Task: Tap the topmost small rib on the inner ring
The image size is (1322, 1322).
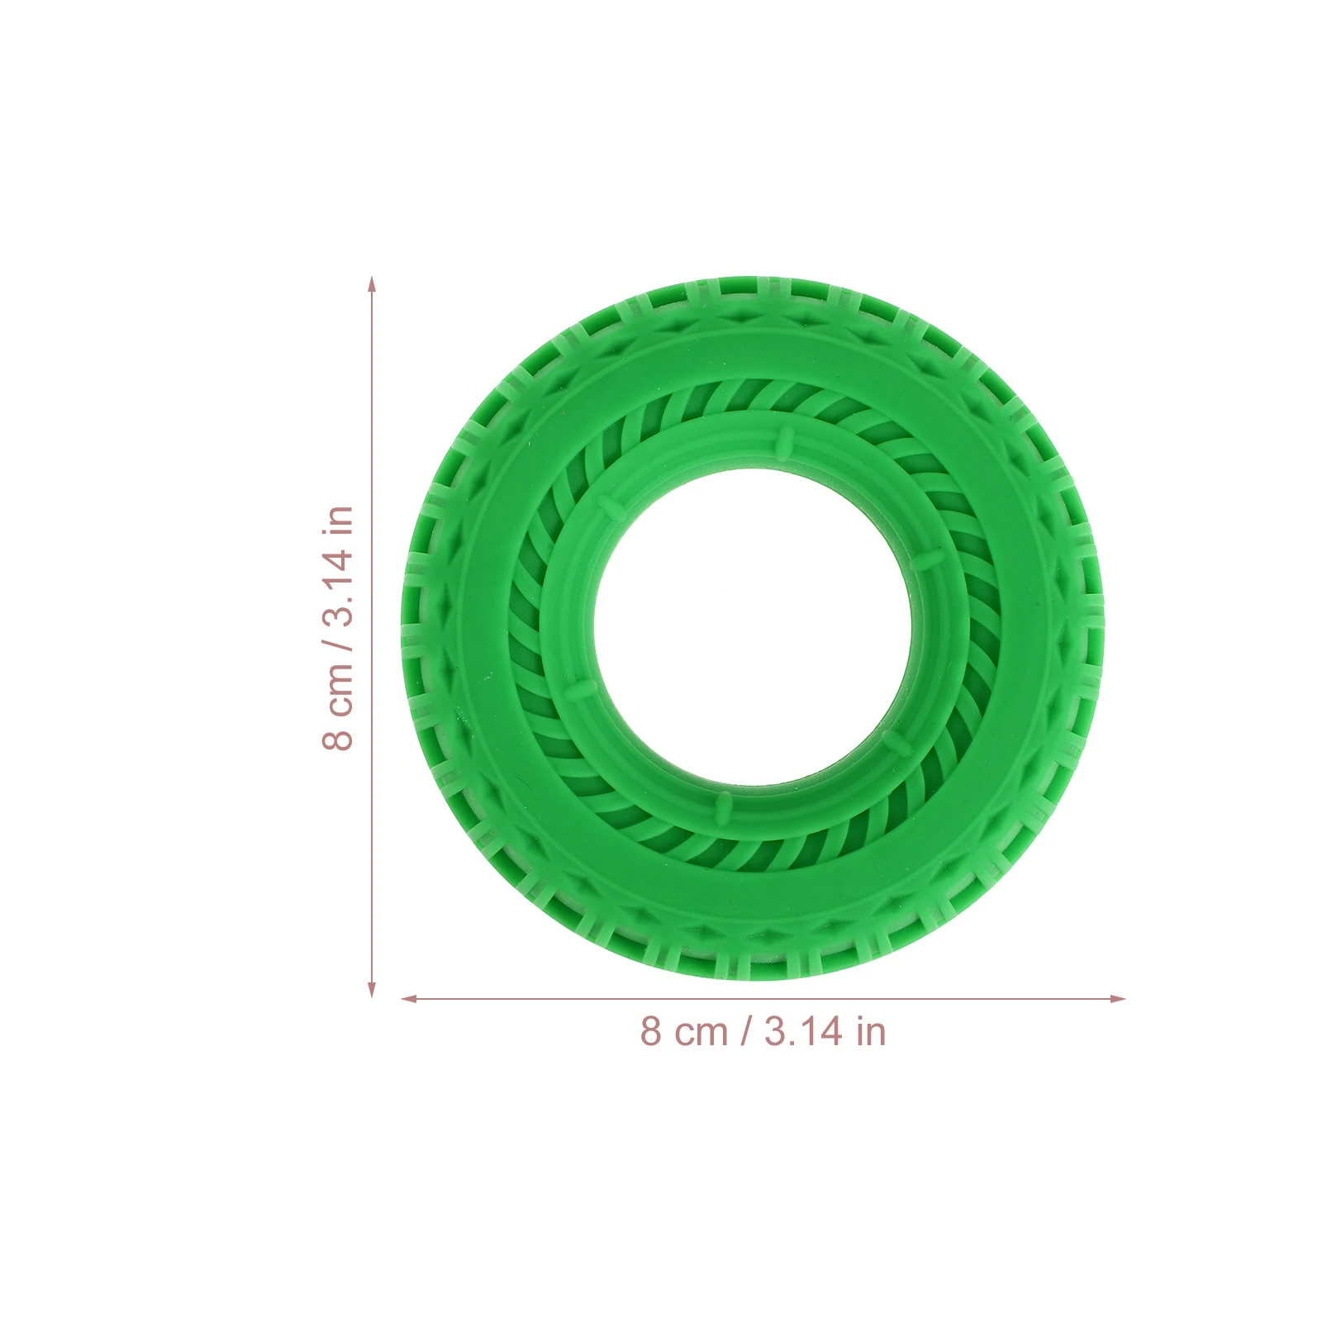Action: pyautogui.click(x=784, y=440)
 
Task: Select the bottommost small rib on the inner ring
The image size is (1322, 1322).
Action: pyautogui.click(x=724, y=804)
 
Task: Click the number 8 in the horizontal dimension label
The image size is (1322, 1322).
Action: pyautogui.click(x=651, y=1032)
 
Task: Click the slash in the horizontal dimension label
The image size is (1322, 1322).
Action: pyautogui.click(x=747, y=1032)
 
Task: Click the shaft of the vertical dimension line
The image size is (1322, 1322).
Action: pyautogui.click(x=372, y=636)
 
